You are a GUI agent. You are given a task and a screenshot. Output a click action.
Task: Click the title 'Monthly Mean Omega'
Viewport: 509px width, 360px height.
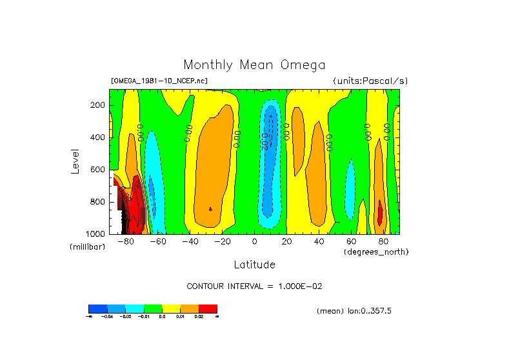click(254, 65)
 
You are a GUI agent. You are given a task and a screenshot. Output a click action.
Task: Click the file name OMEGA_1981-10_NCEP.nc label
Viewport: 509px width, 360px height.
click(159, 81)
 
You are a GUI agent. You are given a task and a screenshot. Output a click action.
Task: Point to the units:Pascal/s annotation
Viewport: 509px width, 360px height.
click(370, 81)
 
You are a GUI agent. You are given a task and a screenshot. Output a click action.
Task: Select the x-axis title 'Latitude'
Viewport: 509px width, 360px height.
click(254, 265)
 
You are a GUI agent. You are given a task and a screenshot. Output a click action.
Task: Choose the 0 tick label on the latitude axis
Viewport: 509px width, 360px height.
click(254, 242)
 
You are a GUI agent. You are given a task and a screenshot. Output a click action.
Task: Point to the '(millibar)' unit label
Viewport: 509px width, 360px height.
click(87, 247)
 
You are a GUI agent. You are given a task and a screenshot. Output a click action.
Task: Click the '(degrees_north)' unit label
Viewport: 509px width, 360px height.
click(376, 251)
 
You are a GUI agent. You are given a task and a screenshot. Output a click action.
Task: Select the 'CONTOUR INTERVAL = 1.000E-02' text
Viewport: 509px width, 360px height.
click(254, 286)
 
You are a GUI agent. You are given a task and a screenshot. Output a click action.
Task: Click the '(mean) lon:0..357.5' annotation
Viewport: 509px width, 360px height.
click(354, 311)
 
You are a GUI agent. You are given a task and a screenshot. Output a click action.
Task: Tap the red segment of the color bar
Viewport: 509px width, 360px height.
click(208, 309)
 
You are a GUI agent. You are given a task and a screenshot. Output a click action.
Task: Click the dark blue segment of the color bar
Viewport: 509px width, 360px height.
click(97, 309)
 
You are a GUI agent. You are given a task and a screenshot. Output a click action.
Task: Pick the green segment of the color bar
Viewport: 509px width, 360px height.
click(153, 309)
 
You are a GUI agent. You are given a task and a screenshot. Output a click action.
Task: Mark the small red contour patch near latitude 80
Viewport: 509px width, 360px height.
click(381, 213)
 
